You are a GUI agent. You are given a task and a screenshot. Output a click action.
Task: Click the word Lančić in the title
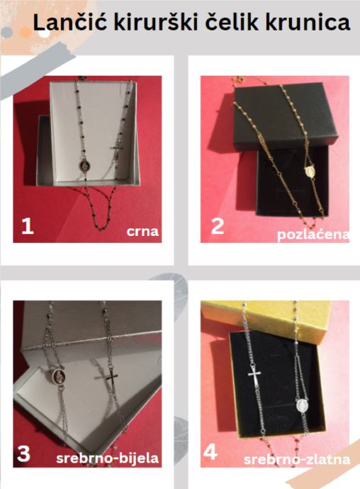70,22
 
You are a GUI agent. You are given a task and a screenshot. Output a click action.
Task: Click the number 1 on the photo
27,226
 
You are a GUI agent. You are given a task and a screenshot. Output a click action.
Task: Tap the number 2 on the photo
218,226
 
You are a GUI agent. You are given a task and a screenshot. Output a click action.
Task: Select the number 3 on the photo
23,453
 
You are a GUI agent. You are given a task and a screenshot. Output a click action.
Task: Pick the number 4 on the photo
210,452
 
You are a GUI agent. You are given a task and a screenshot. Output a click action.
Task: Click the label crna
142,232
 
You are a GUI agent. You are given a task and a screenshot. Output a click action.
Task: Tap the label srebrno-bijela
107,458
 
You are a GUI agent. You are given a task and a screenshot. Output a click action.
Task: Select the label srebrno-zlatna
297,460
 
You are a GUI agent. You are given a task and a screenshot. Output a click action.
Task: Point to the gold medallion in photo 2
309,172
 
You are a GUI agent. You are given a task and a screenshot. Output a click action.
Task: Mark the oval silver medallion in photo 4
301,406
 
